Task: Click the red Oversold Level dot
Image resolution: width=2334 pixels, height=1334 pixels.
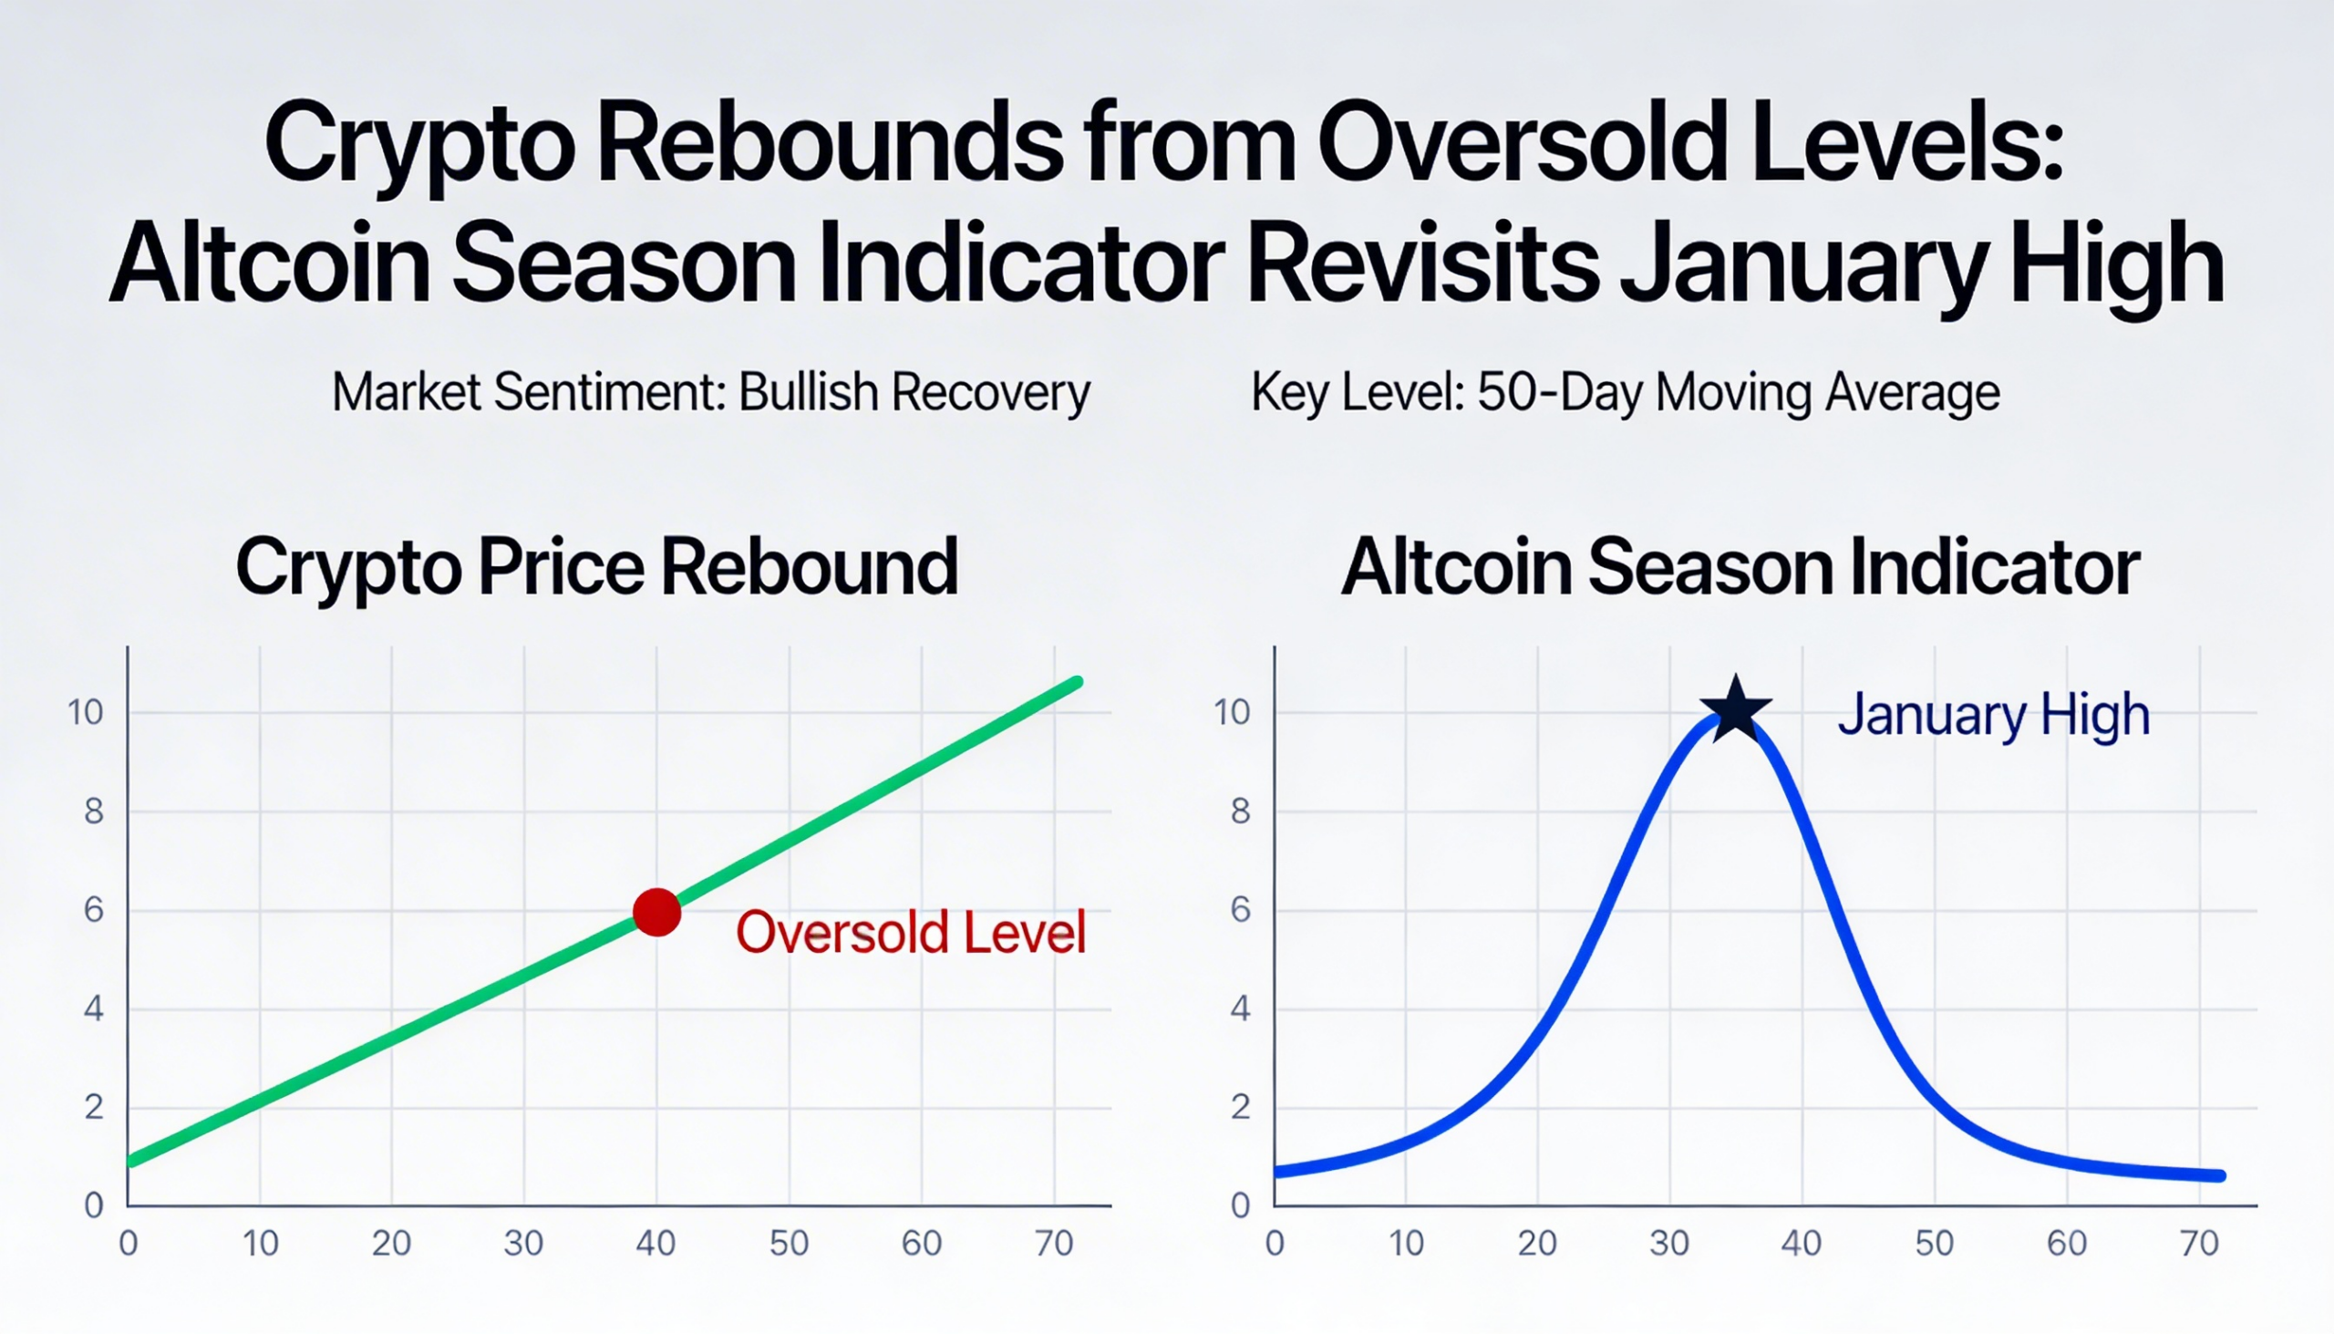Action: tap(656, 912)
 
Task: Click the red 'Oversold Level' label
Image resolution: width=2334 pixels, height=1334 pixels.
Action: tap(911, 933)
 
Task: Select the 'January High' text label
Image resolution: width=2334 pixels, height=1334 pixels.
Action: tap(1993, 715)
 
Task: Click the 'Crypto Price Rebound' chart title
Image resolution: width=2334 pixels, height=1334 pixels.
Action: tap(596, 567)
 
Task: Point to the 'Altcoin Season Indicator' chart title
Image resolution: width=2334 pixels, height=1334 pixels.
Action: tap(1740, 567)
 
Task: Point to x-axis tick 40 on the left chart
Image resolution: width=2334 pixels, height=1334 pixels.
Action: tap(656, 1244)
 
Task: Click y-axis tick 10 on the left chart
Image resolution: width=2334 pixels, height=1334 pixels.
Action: tap(86, 712)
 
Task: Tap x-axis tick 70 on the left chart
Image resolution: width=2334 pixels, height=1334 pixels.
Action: tap(1053, 1244)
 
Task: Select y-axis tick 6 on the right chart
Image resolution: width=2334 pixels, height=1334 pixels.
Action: tap(1240, 910)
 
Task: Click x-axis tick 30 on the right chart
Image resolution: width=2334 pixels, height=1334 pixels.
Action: tap(1669, 1244)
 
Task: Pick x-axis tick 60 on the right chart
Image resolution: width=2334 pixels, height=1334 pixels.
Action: tap(2067, 1244)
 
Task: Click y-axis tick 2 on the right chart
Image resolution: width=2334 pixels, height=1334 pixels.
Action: tap(1240, 1108)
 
